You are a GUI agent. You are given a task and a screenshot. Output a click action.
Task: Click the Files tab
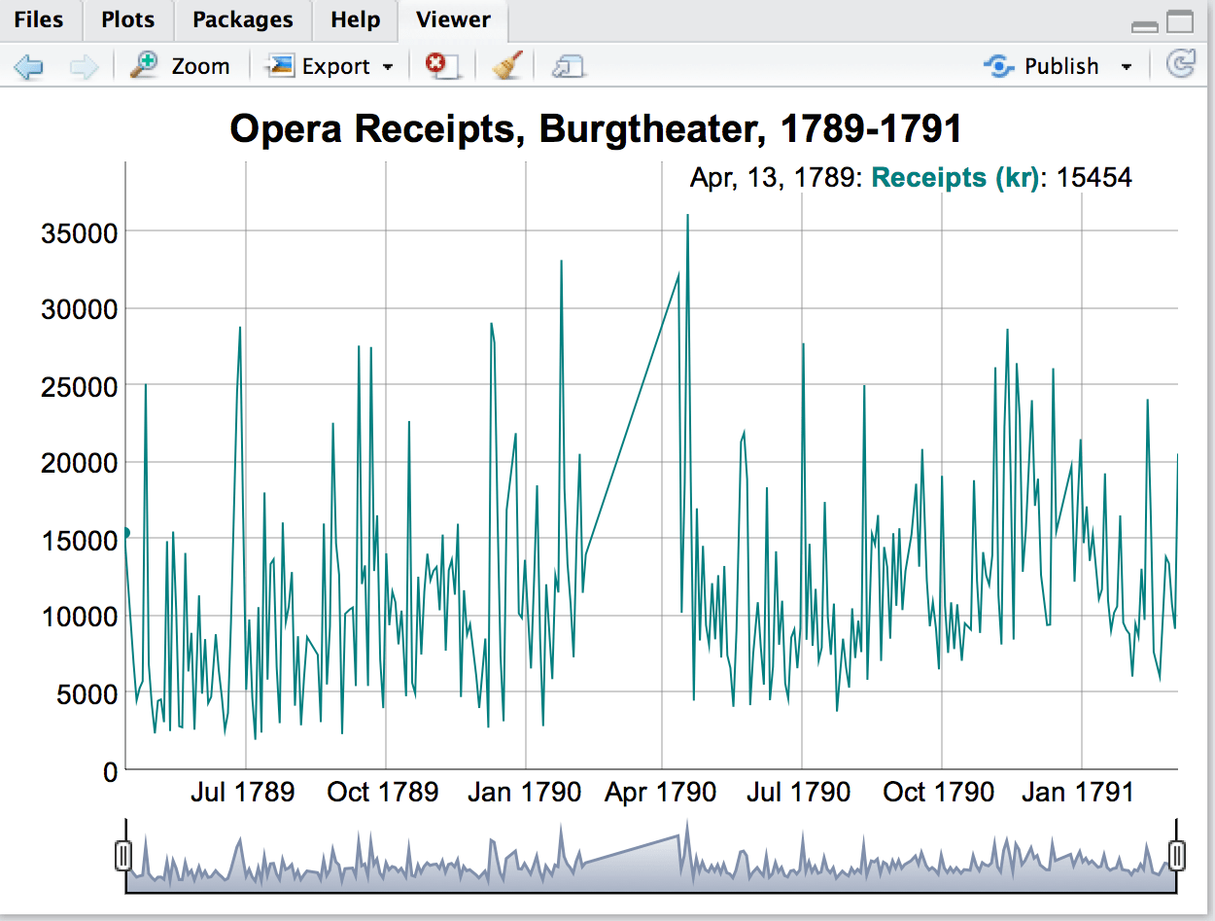39,19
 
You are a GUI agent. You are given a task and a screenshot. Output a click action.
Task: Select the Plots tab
128,19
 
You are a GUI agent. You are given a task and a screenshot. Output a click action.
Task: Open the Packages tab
242,19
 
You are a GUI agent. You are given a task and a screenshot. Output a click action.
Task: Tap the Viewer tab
453,19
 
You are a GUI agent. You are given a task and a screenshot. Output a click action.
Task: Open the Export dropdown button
330,66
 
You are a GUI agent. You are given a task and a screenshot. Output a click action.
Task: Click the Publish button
1059,66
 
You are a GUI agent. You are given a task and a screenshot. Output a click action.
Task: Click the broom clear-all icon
507,66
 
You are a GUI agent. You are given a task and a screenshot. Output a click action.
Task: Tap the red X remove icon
440,66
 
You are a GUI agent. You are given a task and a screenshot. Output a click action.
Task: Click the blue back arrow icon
29,66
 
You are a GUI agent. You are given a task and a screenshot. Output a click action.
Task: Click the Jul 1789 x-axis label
242,792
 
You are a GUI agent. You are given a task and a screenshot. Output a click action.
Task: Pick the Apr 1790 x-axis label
660,792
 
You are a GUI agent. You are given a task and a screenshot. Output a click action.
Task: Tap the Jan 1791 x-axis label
1078,792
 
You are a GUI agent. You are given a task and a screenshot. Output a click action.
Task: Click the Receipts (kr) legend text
955,178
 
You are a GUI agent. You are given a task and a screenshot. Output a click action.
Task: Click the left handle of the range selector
123,856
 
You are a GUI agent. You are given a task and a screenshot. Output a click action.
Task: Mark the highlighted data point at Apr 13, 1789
125,532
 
